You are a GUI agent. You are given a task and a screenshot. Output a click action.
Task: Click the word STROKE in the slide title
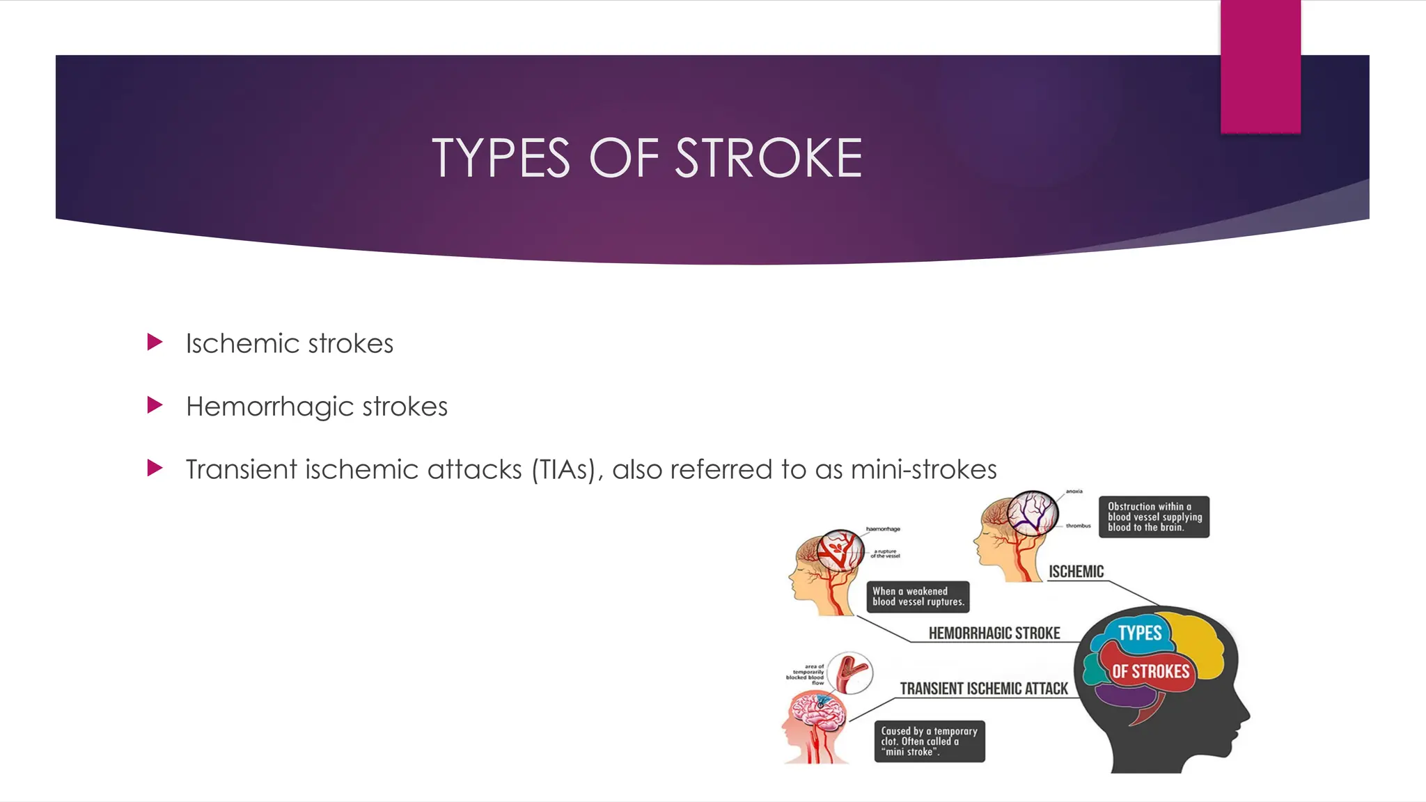[769, 158]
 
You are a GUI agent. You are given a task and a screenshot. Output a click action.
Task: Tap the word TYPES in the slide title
[501, 158]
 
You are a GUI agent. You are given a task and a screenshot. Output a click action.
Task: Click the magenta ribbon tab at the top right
[1260, 66]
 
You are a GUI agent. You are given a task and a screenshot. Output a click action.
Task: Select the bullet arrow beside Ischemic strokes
[155, 342]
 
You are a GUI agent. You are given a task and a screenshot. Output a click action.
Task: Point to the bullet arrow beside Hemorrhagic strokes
[155, 405]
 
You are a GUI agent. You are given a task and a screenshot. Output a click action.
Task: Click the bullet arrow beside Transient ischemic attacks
[155, 468]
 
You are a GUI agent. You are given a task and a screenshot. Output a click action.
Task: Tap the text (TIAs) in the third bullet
[564, 470]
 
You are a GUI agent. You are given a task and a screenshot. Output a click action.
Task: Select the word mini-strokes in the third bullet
[923, 470]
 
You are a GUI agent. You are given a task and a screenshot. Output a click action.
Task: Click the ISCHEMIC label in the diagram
[1076, 572]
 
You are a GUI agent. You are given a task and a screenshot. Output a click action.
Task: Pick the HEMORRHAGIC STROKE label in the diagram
[994, 633]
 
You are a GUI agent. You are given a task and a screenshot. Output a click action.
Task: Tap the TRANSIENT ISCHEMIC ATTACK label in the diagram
[983, 689]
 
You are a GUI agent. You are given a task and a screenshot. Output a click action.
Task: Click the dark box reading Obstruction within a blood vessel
[1154, 517]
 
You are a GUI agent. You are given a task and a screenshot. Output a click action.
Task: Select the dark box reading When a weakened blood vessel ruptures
[918, 597]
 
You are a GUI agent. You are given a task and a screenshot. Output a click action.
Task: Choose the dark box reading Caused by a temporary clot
[929, 741]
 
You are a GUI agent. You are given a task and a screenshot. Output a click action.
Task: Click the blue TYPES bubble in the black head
[1139, 633]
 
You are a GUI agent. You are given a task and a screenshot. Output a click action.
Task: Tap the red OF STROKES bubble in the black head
[1150, 671]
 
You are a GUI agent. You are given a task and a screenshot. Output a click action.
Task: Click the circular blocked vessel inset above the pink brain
[850, 673]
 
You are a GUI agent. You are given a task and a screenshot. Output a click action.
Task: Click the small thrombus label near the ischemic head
[1078, 526]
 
